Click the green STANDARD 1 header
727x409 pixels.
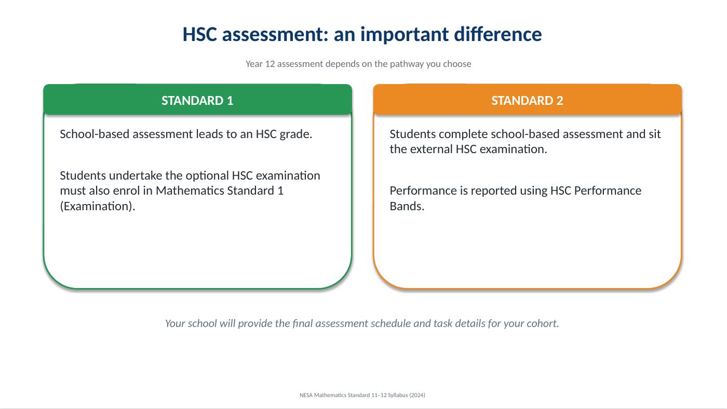pyautogui.click(x=198, y=100)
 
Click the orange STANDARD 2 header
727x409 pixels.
pyautogui.click(x=528, y=100)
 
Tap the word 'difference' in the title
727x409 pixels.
pyautogui.click(x=497, y=34)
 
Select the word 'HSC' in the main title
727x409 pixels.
pyautogui.click(x=199, y=34)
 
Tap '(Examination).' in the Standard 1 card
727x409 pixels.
pyautogui.click(x=98, y=206)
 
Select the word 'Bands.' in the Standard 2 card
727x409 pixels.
pyautogui.click(x=407, y=206)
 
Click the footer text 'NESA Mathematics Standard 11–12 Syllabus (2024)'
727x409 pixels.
pyautogui.click(x=362, y=395)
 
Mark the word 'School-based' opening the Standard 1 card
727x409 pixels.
pyautogui.click(x=95, y=134)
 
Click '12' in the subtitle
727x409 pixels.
pyautogui.click(x=270, y=64)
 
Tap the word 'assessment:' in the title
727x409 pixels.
pyautogui.click(x=275, y=34)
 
